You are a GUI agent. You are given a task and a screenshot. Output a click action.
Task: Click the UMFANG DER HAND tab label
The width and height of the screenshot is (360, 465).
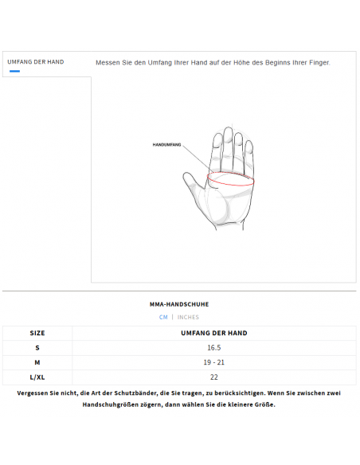[x=35, y=61]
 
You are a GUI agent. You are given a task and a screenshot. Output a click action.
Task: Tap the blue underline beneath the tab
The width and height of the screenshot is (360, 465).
[x=14, y=71]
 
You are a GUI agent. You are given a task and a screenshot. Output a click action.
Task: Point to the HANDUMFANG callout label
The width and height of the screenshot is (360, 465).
[x=167, y=145]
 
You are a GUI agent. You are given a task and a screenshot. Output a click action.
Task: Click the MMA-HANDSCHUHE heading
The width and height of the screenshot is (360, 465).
[x=179, y=304]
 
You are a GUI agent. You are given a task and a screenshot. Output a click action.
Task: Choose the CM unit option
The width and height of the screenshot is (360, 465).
[x=163, y=317]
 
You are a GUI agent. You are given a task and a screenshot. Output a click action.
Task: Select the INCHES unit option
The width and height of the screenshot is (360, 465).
[x=188, y=317]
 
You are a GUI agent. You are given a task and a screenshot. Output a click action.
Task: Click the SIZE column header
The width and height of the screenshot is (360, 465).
[x=37, y=333]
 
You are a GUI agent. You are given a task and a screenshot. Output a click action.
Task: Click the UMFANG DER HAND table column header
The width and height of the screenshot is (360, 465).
[x=214, y=333]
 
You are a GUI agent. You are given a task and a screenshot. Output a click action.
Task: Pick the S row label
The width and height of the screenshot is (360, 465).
[x=37, y=348]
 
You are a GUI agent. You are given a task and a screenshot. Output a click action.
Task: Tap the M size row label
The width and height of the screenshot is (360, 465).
[x=37, y=362]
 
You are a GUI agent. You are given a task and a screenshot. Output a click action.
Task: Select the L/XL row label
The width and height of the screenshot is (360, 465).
[x=37, y=377]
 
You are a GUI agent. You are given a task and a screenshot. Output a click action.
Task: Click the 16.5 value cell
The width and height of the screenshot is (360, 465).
[x=214, y=348]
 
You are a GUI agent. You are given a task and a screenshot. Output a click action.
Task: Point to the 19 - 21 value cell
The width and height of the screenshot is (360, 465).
[x=214, y=362]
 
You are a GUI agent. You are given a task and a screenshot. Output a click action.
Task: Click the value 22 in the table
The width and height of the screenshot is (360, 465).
[x=214, y=377]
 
